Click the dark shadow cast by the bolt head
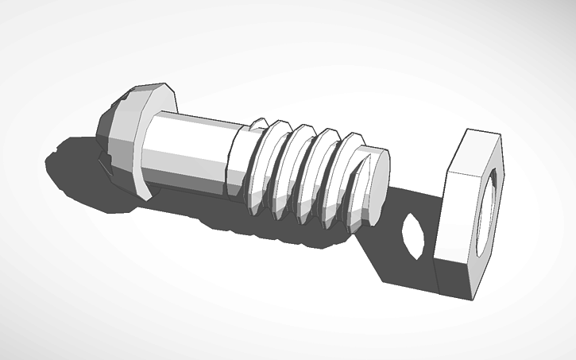click(x=79, y=171)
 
